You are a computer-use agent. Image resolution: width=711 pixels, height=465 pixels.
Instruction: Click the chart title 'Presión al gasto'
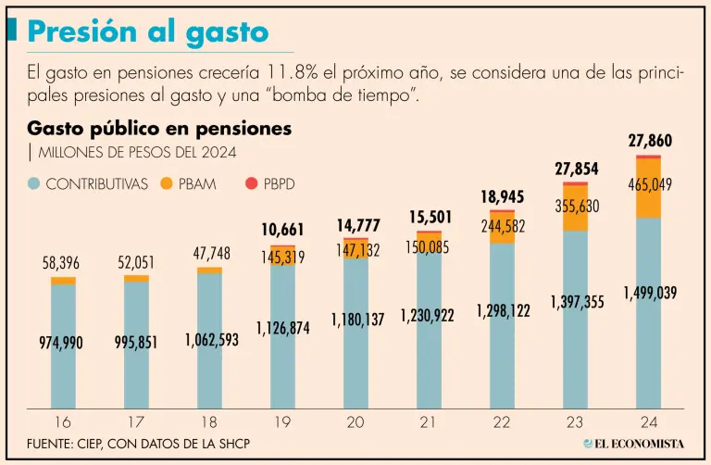(x=148, y=32)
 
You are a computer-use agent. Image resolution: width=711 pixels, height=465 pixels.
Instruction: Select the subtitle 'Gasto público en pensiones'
(x=159, y=128)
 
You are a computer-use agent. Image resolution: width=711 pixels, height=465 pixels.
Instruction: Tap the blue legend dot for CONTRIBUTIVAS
(x=34, y=183)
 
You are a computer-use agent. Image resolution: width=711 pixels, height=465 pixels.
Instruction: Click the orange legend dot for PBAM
(x=167, y=183)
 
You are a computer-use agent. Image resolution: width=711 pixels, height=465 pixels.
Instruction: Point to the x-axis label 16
(x=63, y=422)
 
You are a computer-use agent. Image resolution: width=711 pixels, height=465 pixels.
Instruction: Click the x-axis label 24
(x=648, y=422)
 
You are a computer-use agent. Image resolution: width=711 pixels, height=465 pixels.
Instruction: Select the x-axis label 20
(x=355, y=422)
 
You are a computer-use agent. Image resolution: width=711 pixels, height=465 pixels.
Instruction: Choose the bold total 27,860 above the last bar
(x=650, y=141)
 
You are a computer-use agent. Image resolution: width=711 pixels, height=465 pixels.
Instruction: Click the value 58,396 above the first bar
(x=63, y=264)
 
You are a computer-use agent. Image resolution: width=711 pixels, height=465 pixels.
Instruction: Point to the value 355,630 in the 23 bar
(x=576, y=206)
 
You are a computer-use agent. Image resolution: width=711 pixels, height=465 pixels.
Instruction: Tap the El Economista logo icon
(x=588, y=444)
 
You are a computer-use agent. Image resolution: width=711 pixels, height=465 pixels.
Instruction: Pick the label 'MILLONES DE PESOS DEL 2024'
(x=129, y=151)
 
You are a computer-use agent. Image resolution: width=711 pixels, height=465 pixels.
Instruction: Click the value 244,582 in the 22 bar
(x=504, y=226)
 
